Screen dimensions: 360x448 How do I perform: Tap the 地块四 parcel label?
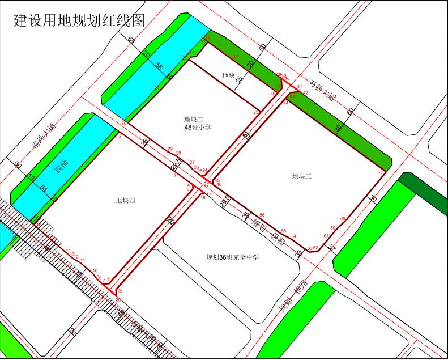(x=125, y=200)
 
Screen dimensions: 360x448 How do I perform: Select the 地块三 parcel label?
(x=302, y=176)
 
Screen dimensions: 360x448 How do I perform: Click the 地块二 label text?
(x=194, y=119)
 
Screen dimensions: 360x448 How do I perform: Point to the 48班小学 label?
(x=198, y=128)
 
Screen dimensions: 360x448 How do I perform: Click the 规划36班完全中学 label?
(x=232, y=257)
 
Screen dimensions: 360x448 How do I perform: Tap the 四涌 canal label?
(x=57, y=169)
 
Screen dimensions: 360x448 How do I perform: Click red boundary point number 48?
(x=380, y=172)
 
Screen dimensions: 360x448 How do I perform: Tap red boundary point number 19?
(x=120, y=290)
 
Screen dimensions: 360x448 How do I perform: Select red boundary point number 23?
(x=255, y=112)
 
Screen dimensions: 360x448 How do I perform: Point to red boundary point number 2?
(x=120, y=136)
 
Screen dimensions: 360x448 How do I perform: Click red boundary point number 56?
(x=262, y=215)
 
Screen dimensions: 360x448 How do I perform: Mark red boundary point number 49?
(x=343, y=218)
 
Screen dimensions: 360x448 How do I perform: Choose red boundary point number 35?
(x=236, y=57)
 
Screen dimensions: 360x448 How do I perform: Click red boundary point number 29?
(x=170, y=149)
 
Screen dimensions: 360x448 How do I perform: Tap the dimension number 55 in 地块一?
(x=239, y=79)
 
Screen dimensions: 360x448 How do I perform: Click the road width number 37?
(x=332, y=249)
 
